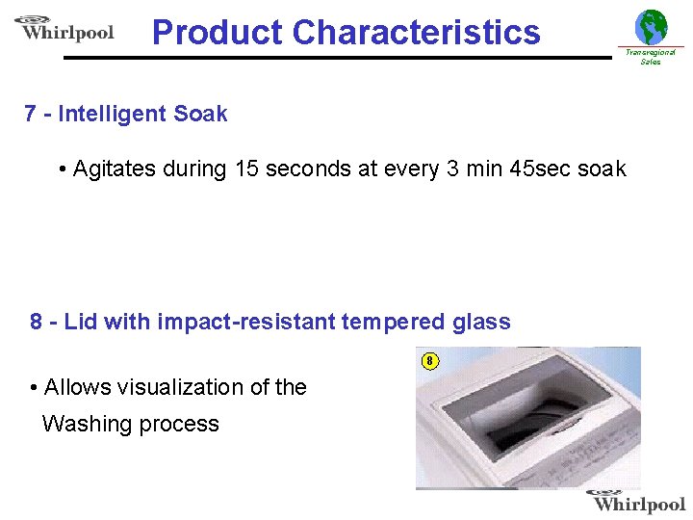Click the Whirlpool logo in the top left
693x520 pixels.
coord(64,29)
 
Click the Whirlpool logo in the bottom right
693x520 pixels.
coord(637,501)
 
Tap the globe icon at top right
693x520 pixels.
coord(651,27)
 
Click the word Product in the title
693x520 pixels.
coord(217,33)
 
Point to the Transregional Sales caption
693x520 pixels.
coord(651,57)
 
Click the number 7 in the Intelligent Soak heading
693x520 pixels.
coord(31,114)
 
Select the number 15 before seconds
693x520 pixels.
coord(246,169)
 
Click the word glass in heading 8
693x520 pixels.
coord(482,322)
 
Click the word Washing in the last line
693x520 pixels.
coord(88,424)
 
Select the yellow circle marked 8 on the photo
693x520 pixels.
coord(430,361)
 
